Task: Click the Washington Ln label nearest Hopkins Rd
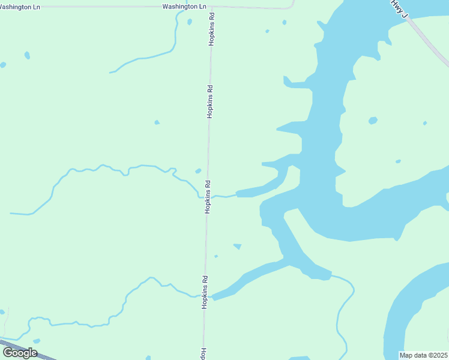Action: (x=184, y=6)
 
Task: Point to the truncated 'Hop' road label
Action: (x=203, y=353)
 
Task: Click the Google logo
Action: (x=20, y=353)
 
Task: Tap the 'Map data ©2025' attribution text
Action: (x=424, y=355)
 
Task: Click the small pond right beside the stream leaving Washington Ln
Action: (x=190, y=22)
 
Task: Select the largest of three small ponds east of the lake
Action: (x=373, y=121)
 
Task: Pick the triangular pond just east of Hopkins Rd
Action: (x=238, y=246)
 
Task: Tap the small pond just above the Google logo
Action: (x=36, y=341)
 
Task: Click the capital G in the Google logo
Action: (x=8, y=352)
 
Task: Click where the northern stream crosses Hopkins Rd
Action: (x=208, y=196)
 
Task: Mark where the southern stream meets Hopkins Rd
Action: (x=205, y=296)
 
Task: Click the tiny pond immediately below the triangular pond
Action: (x=216, y=256)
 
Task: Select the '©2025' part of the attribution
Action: (x=437, y=355)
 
